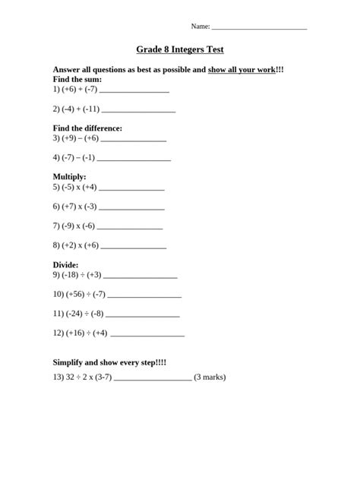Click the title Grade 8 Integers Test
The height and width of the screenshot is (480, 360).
180,49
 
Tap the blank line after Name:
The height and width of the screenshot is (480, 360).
259,27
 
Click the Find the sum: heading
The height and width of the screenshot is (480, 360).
77,79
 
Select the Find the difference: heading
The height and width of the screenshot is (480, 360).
87,128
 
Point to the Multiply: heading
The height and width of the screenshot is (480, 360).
69,177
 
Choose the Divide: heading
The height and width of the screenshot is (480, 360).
65,265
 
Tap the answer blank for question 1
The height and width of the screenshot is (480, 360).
134,90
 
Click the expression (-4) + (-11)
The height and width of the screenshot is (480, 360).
80,109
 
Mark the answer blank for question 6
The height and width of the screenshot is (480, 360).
132,207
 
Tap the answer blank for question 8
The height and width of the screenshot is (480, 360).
134,247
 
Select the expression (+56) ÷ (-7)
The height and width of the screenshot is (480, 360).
84,295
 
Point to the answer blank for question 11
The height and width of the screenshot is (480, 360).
143,314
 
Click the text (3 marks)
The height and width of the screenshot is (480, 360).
210,377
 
